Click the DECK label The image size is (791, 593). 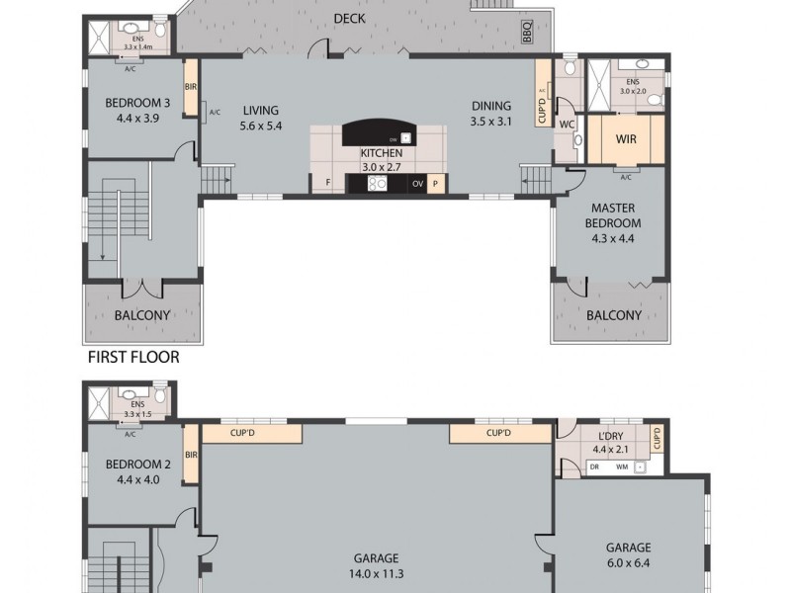pos(350,18)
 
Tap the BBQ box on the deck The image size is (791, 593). pos(526,34)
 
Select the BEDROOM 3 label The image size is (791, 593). pos(137,102)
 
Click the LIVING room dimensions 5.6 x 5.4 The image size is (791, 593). pos(261,126)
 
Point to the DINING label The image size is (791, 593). pos(490,107)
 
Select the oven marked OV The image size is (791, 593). pos(417,183)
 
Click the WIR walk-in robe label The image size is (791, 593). pos(625,139)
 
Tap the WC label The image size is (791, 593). pos(567,126)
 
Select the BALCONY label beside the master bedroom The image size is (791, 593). pos(613,315)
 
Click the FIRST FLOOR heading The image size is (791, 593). pos(133,357)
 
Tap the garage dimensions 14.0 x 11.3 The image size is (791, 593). pos(375,571)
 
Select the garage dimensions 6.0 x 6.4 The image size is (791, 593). pos(628,564)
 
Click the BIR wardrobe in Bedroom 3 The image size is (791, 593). pos(191,87)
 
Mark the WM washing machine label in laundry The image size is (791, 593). pos(622,466)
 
